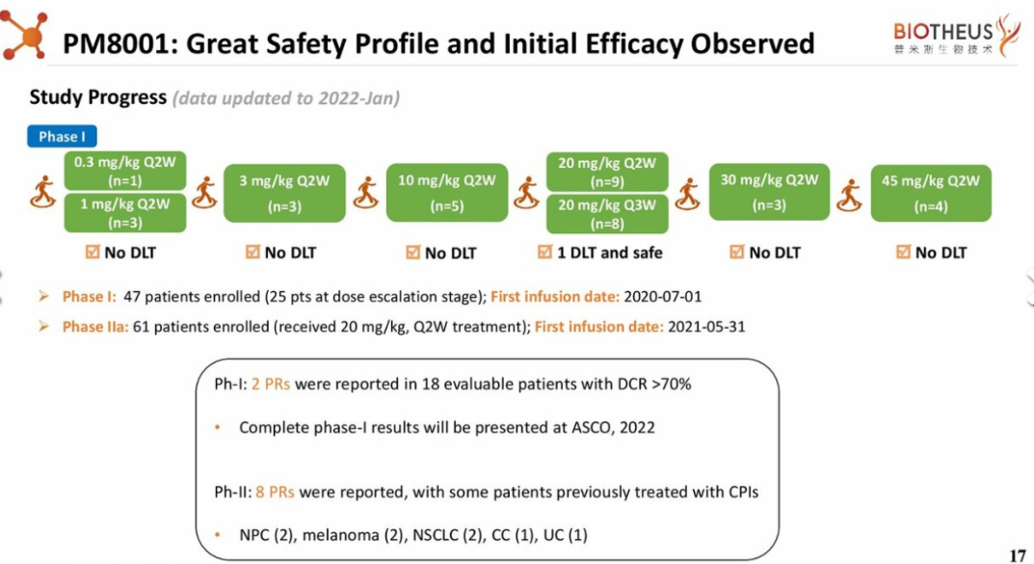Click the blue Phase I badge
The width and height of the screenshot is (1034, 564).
[62, 137]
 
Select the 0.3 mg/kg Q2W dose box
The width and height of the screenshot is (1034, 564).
[124, 171]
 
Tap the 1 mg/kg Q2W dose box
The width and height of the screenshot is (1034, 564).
[124, 212]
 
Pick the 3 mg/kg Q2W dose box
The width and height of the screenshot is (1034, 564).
[284, 193]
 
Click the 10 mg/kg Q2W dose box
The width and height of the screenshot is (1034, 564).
[446, 193]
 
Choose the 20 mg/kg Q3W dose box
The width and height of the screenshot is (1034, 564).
[607, 214]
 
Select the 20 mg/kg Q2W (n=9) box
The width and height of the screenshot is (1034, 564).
[607, 172]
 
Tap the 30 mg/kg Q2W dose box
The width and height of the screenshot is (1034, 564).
[770, 192]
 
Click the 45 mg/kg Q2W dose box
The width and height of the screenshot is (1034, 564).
[931, 193]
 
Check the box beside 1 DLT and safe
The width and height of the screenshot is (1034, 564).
[544, 252]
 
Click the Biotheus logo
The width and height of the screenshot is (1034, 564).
[956, 37]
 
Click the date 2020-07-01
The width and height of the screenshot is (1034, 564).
[663, 297]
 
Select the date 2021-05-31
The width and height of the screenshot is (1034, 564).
[706, 327]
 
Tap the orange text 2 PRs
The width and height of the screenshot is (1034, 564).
[271, 384]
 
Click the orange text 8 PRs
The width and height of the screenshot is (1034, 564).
[275, 492]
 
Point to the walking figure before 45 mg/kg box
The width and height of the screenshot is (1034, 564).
[849, 196]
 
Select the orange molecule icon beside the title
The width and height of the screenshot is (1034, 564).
[24, 35]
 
